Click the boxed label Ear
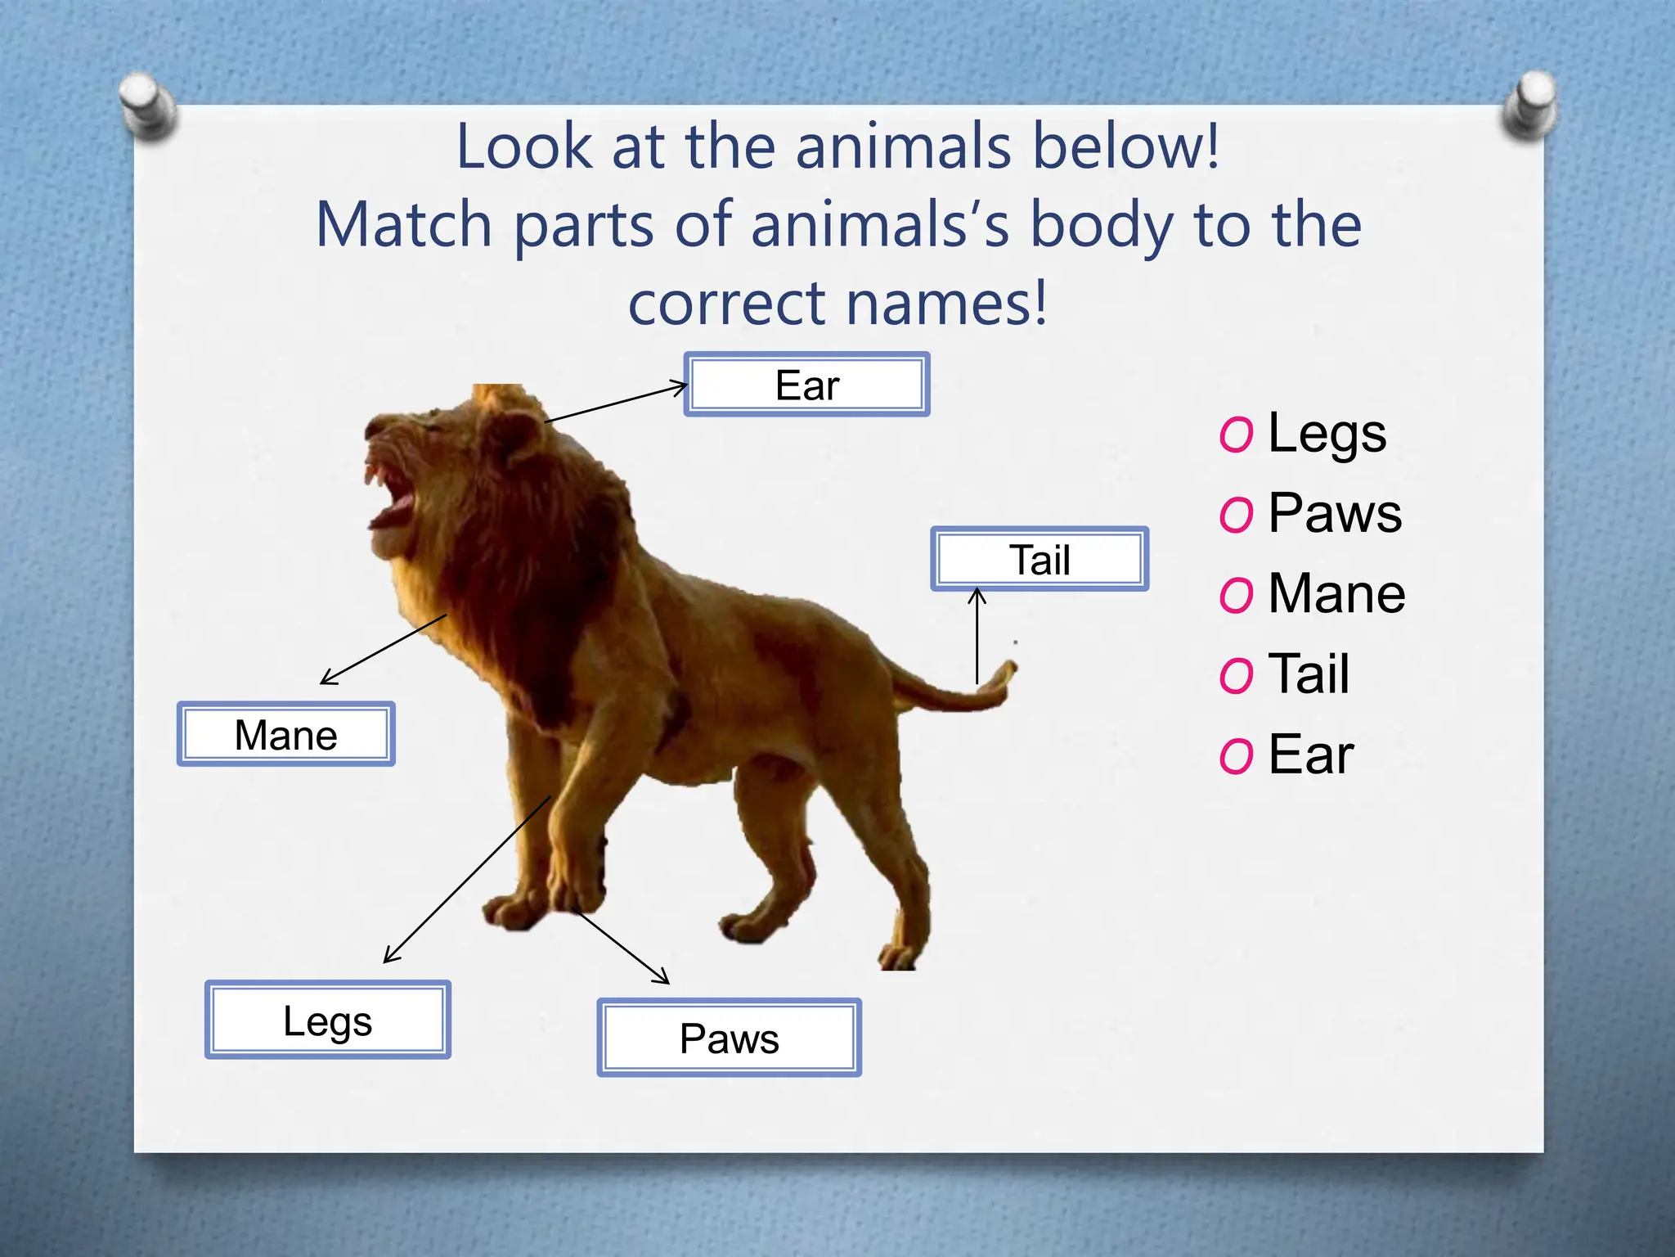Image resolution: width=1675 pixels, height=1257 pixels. click(x=806, y=385)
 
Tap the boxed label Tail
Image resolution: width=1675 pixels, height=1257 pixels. click(x=1040, y=560)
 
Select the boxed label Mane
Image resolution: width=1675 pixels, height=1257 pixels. click(x=285, y=734)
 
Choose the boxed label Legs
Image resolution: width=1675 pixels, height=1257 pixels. click(x=327, y=1020)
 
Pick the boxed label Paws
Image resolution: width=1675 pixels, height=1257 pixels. click(x=729, y=1038)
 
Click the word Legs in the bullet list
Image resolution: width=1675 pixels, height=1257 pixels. click(x=1327, y=433)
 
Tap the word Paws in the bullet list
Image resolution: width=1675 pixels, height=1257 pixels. click(x=1335, y=513)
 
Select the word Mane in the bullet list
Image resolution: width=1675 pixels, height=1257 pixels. click(x=1336, y=593)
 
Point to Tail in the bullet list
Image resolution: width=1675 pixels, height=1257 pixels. click(x=1309, y=674)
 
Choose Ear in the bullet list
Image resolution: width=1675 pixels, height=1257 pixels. click(x=1311, y=754)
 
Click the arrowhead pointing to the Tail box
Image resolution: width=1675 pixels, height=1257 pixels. click(x=977, y=596)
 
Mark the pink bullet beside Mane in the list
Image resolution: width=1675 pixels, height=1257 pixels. click(x=1236, y=595)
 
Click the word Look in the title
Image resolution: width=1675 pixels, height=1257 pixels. click(x=523, y=146)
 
